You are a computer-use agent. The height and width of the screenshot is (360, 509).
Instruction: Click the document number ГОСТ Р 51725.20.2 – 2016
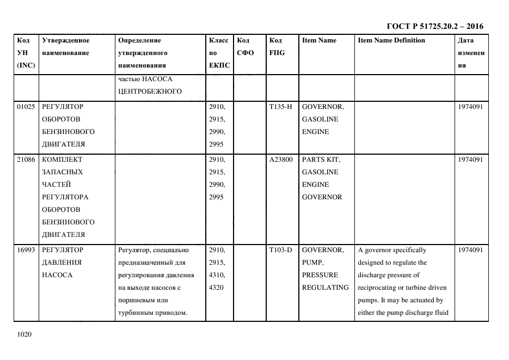(x=434, y=26)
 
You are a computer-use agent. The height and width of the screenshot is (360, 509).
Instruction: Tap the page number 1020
(x=25, y=334)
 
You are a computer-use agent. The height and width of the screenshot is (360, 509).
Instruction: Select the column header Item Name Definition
(x=391, y=40)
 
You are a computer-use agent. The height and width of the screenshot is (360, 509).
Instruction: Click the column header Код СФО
(x=243, y=46)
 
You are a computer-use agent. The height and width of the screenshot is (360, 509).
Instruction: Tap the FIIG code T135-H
(x=280, y=107)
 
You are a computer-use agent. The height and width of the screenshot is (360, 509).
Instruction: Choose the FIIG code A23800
(x=281, y=160)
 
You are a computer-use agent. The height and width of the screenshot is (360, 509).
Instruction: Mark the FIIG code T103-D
(x=280, y=250)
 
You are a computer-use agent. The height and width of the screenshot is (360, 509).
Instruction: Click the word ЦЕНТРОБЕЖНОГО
(x=149, y=91)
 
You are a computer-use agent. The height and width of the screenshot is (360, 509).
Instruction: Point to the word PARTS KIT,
(x=321, y=160)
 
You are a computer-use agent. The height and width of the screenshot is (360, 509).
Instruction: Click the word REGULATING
(x=325, y=287)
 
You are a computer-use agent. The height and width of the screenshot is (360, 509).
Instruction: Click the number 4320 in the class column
(x=217, y=287)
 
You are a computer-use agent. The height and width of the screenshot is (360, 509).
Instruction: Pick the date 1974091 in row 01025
(x=471, y=107)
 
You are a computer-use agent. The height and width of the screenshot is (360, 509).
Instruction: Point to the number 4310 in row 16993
(x=217, y=274)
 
